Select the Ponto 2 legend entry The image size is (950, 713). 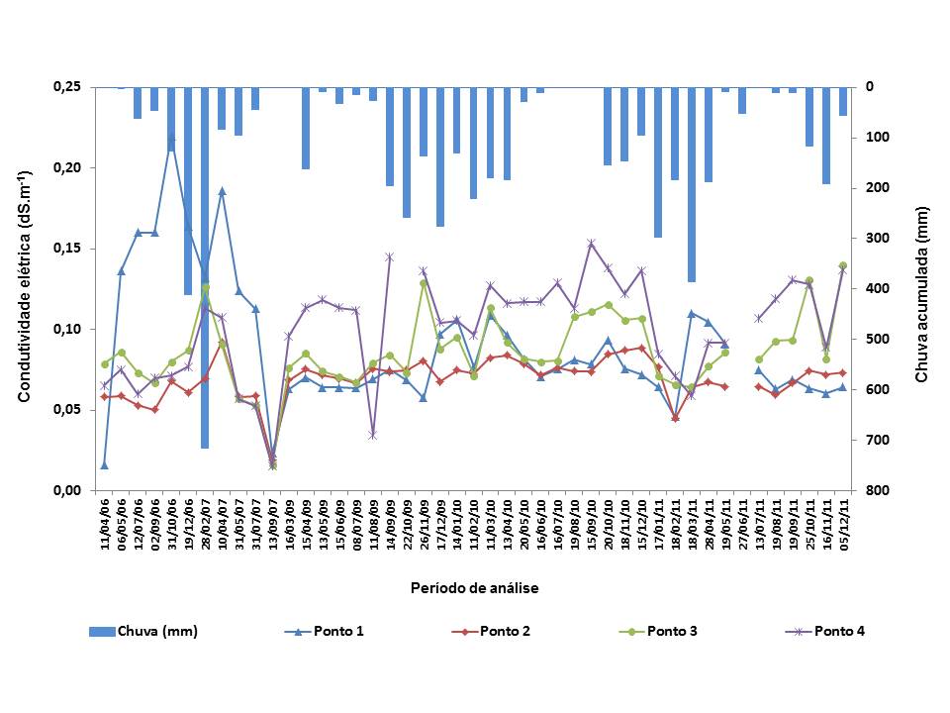pyautogui.click(x=505, y=631)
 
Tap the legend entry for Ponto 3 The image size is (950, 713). pyautogui.click(x=674, y=631)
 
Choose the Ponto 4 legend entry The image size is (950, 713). pyautogui.click(x=840, y=631)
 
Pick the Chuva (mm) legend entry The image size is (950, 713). pyautogui.click(x=158, y=631)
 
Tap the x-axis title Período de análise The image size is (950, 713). pyautogui.click(x=475, y=588)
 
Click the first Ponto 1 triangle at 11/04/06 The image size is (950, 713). pyautogui.click(x=104, y=464)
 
